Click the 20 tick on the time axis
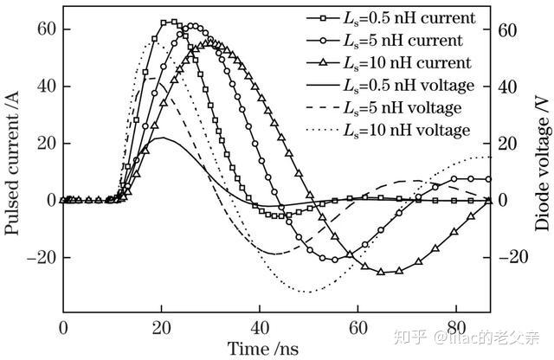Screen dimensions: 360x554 161,328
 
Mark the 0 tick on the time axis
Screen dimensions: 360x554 63,328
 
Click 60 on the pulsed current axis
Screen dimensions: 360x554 44,29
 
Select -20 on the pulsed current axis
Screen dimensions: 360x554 39,257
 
